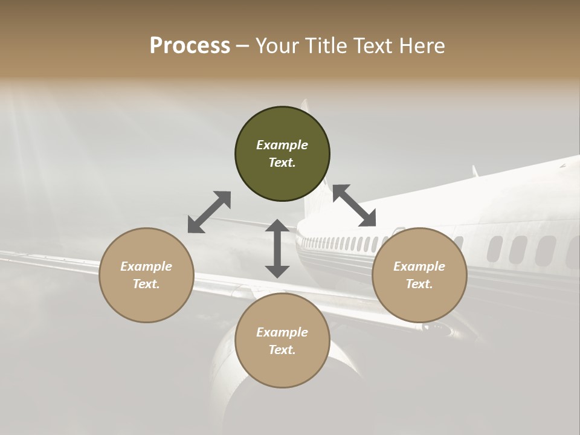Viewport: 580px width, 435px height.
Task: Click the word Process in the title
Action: (190, 46)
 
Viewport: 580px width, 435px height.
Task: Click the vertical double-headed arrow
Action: (277, 248)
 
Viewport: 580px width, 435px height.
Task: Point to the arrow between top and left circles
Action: (209, 212)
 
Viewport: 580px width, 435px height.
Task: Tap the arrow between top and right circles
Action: (354, 205)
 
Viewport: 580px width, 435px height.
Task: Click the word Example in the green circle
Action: (282, 145)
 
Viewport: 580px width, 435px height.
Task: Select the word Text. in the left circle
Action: (146, 284)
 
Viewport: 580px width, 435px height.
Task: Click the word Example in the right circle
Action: (419, 266)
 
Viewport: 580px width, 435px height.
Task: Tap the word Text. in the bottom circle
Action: (282, 350)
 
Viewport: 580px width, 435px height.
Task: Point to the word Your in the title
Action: (275, 46)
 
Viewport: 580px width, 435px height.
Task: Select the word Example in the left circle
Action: (146, 266)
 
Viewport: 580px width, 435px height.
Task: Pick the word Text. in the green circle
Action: (282, 163)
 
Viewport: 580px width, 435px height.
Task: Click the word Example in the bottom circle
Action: (282, 332)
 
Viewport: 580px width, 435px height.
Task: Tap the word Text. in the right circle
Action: (419, 284)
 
